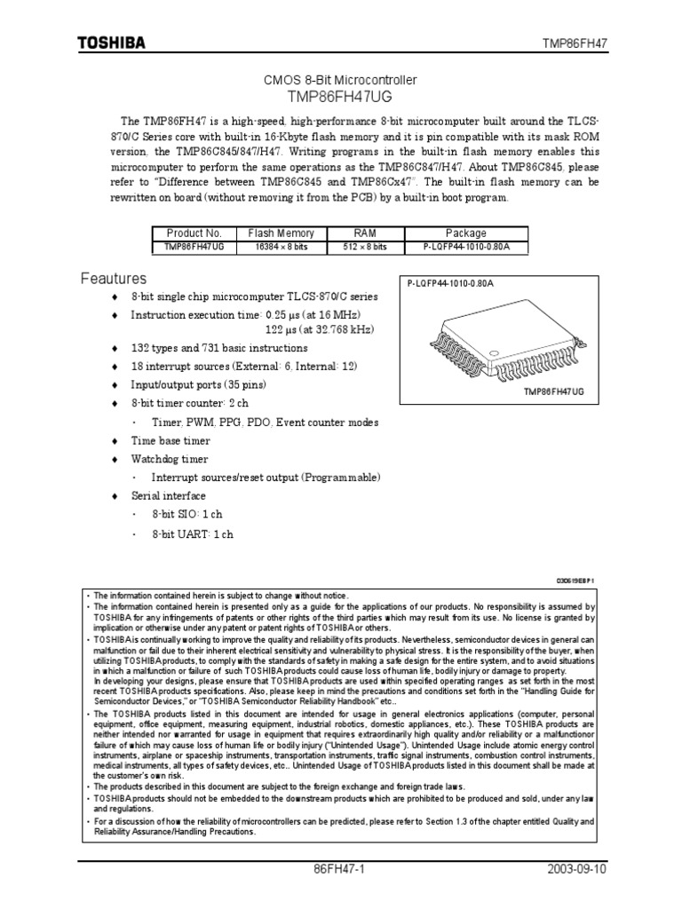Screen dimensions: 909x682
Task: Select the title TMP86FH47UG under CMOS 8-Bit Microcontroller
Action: pos(341,95)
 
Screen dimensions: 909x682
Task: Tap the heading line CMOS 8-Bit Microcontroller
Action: pos(341,80)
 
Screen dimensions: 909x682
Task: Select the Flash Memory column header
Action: pos(280,233)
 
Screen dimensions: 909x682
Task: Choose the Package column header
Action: pos(467,233)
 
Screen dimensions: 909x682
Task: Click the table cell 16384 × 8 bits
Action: pos(280,247)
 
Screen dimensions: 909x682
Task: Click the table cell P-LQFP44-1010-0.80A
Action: pos(467,247)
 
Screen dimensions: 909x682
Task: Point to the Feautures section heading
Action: pos(114,280)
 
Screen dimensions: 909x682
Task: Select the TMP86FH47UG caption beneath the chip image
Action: pos(557,391)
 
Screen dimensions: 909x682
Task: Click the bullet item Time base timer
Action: pos(170,441)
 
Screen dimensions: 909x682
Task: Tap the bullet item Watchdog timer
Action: pos(170,460)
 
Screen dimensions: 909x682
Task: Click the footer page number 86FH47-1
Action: pos(341,871)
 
